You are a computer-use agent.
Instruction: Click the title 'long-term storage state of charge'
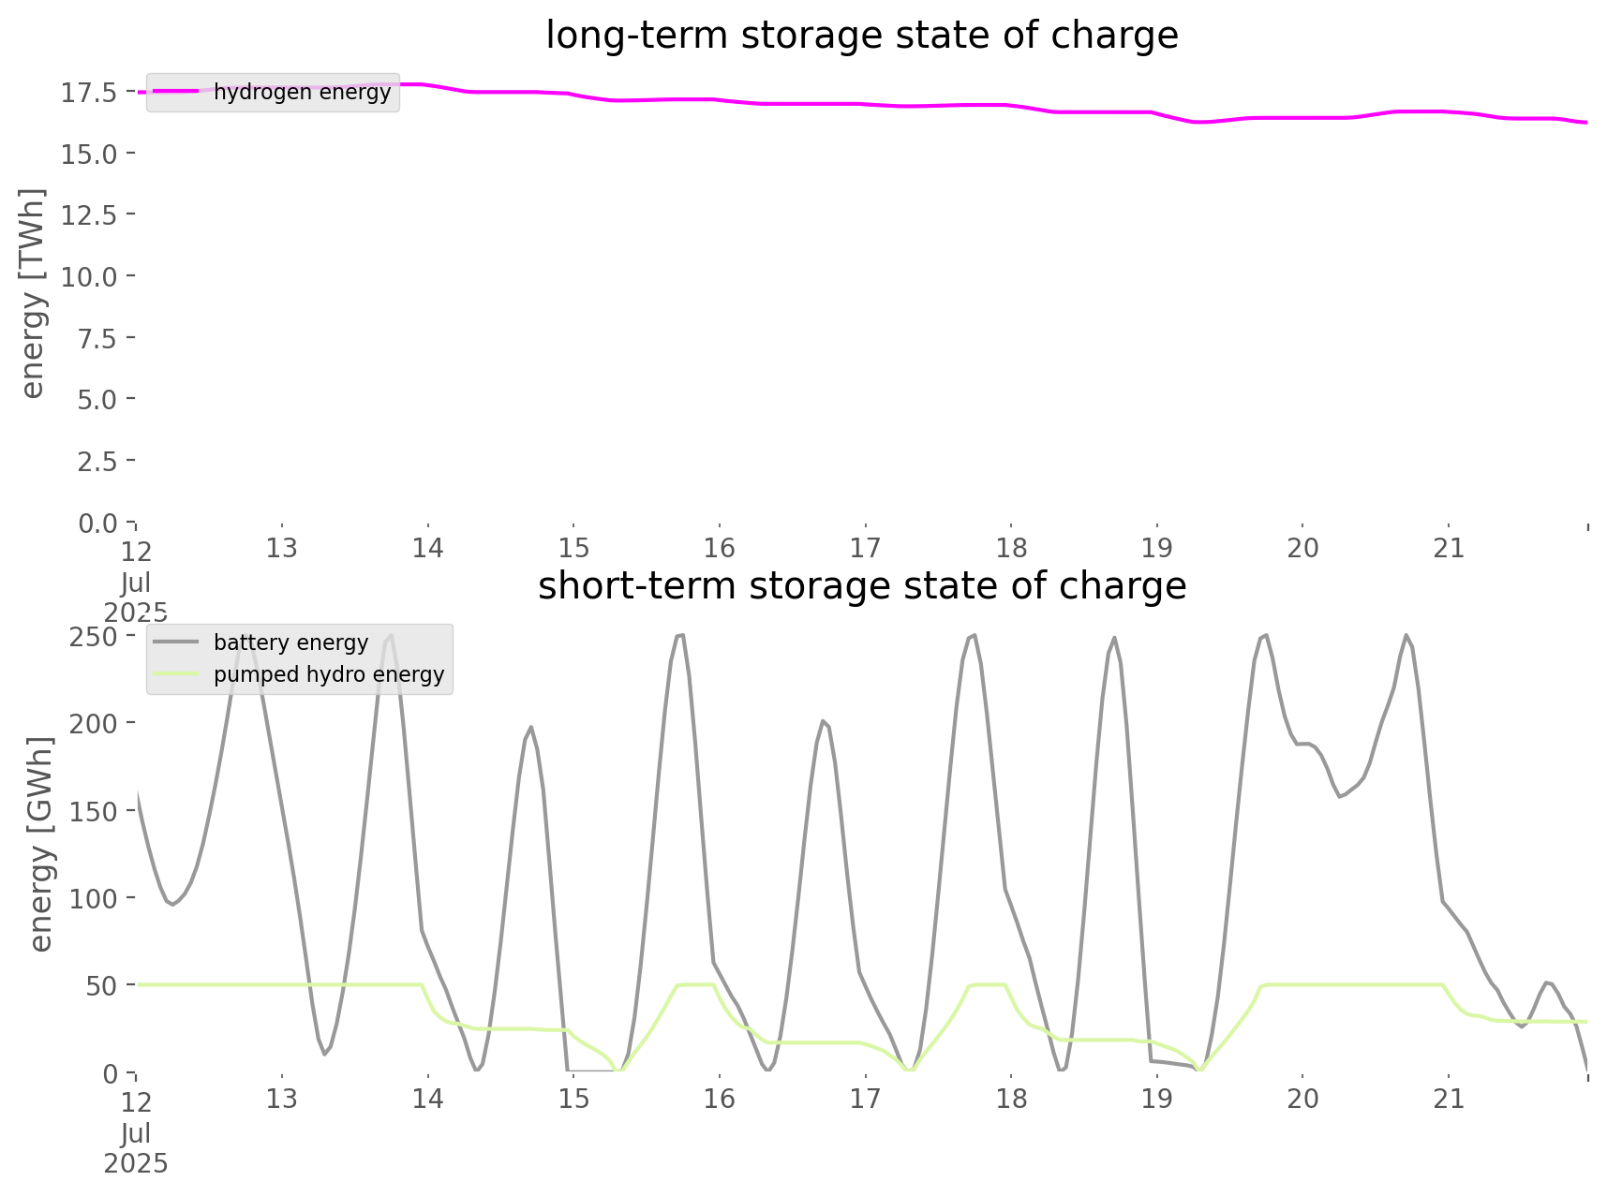[x=861, y=36]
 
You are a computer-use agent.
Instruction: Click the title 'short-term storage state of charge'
[x=861, y=586]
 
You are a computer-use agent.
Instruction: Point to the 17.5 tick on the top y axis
[x=89, y=92]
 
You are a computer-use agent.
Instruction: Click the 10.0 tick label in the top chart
[x=89, y=276]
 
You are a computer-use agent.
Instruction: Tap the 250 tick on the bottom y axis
[x=93, y=636]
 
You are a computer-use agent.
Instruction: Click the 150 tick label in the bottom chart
[x=93, y=811]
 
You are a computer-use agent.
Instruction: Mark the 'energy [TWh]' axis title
[x=33, y=293]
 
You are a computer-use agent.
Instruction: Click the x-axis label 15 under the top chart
[x=573, y=548]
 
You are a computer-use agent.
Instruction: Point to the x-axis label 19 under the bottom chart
[x=1157, y=1099]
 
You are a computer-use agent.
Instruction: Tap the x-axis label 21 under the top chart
[x=1449, y=548]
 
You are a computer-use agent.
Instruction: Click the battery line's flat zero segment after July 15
[x=590, y=1070]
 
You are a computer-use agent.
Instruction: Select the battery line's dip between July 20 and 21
[x=1340, y=796]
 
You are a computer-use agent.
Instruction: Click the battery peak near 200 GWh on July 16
[x=823, y=720]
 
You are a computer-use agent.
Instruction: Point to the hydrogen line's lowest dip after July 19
[x=1200, y=122]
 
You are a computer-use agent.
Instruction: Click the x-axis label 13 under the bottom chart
[x=281, y=1099]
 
